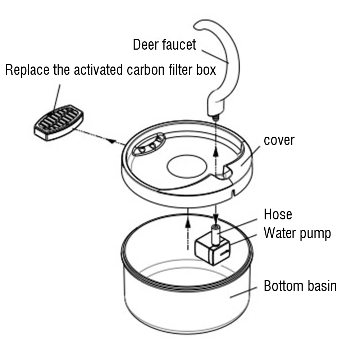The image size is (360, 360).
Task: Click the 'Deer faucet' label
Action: [164, 45]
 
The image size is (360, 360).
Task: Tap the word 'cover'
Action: [279, 140]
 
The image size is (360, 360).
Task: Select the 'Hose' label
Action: [278, 214]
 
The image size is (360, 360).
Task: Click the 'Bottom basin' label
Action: [300, 286]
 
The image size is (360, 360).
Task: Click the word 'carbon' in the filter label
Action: [144, 70]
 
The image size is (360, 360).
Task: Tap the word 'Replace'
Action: [27, 70]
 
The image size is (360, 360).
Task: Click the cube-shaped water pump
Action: [212, 250]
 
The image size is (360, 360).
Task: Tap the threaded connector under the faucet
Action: [216, 117]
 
